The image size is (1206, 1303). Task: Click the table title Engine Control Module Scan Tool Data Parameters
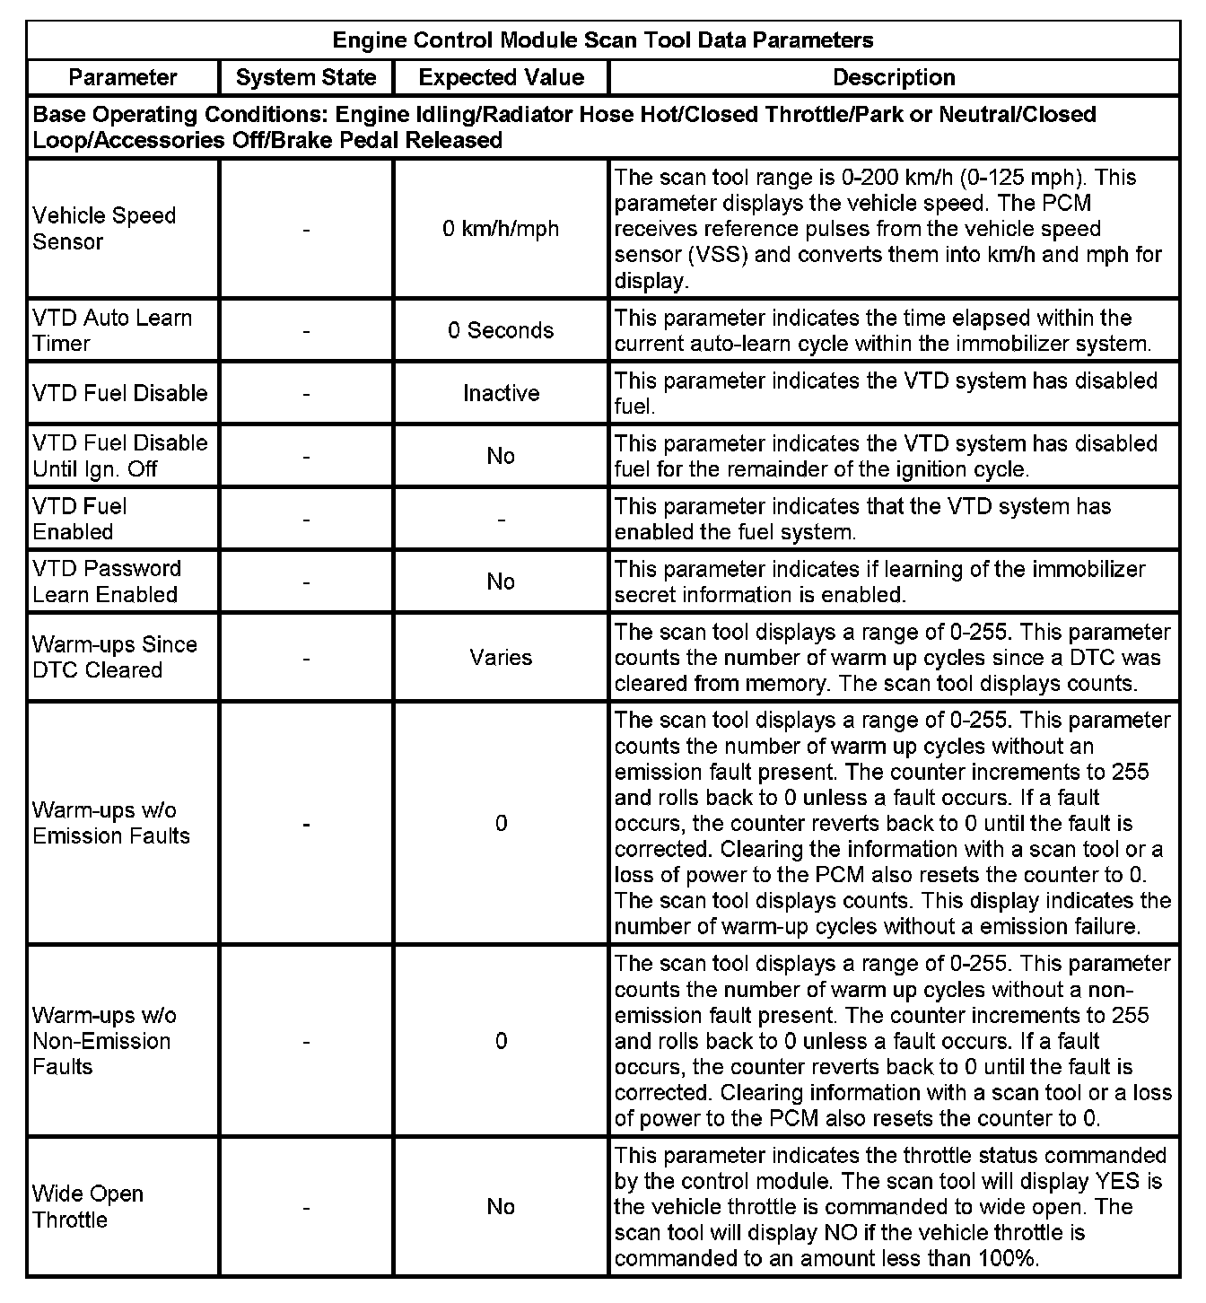pos(602,40)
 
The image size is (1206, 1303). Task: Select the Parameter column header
pos(123,77)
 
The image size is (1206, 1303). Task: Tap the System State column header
pos(306,77)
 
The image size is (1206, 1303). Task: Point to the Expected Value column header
pos(501,77)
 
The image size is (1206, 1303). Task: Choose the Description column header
pos(894,77)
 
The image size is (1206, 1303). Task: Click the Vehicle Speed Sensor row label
pos(104,228)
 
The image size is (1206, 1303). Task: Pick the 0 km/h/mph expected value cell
pos(501,229)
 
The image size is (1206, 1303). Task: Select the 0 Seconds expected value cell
pos(501,330)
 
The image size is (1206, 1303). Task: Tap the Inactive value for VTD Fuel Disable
pos(501,393)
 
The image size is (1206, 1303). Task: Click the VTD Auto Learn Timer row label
pos(112,330)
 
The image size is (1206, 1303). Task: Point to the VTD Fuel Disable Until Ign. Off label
pos(119,456)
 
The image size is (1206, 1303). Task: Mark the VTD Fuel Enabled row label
pos(80,519)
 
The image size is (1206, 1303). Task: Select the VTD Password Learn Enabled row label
pos(107,582)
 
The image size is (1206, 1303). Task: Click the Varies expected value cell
pos(501,657)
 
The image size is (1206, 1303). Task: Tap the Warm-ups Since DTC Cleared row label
pos(114,657)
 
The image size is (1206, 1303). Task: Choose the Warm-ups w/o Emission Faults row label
pos(111,823)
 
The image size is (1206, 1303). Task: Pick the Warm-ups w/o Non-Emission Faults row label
pos(104,1041)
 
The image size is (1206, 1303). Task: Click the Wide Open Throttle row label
pos(88,1206)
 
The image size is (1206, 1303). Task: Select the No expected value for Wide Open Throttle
pos(501,1206)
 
